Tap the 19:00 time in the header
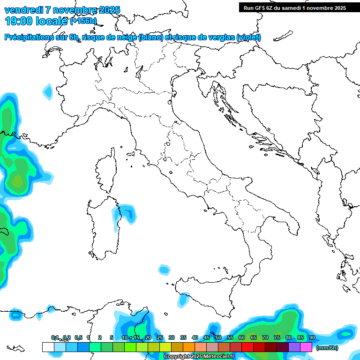point(19,21)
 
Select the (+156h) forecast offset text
point(83,21)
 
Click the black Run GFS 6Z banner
point(294,7)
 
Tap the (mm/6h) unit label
point(327,347)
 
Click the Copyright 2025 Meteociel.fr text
point(199,357)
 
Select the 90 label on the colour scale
point(312,338)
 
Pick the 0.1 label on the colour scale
point(54,338)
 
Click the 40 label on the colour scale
point(195,338)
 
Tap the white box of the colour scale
point(48,347)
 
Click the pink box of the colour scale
point(306,347)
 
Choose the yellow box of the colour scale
point(165,347)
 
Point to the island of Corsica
point(106,171)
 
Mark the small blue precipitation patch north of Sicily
point(164,270)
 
